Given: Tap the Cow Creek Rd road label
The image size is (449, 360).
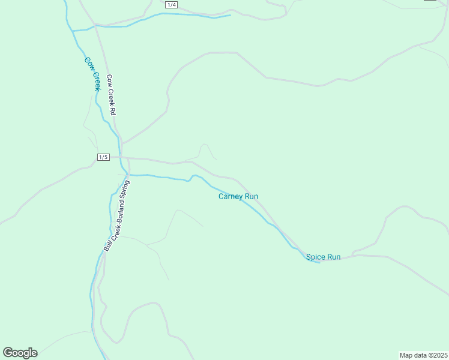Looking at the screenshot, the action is (x=110, y=95).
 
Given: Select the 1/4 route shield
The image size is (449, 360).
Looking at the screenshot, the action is (x=172, y=5).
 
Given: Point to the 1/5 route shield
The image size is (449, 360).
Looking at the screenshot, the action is (x=103, y=157).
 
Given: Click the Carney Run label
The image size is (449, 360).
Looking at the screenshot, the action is (x=238, y=196).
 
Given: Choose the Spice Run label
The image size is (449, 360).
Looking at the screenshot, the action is (x=323, y=257).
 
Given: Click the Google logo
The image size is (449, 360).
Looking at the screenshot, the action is (x=20, y=353).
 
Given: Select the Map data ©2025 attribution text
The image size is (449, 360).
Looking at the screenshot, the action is (x=423, y=355).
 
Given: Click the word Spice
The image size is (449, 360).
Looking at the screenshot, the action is (x=315, y=257).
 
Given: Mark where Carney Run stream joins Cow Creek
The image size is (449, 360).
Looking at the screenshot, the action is (x=127, y=175).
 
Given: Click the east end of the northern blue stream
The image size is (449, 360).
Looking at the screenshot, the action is (x=231, y=15).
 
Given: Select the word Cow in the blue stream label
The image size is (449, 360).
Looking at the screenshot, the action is (x=88, y=62).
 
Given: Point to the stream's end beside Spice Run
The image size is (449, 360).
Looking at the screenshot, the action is (x=319, y=263).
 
